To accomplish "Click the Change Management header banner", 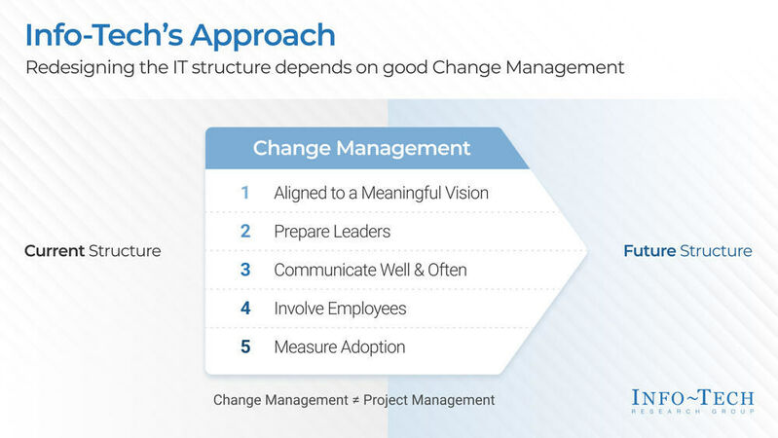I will [361, 149].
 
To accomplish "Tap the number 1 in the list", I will [245, 193].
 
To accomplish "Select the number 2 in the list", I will [245, 232].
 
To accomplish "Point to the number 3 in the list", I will [245, 270].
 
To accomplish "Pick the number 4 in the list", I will [245, 309].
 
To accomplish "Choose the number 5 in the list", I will [245, 347].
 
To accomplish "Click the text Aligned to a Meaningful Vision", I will [381, 193].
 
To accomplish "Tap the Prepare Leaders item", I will [332, 232].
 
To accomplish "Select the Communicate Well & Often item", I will [370, 270].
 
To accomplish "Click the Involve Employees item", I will [340, 309].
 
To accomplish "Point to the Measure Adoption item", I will [340, 347].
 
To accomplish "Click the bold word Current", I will [55, 251].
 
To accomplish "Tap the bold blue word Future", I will [648, 251].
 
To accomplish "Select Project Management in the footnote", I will [428, 400].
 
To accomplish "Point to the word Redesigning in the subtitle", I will [78, 69].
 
